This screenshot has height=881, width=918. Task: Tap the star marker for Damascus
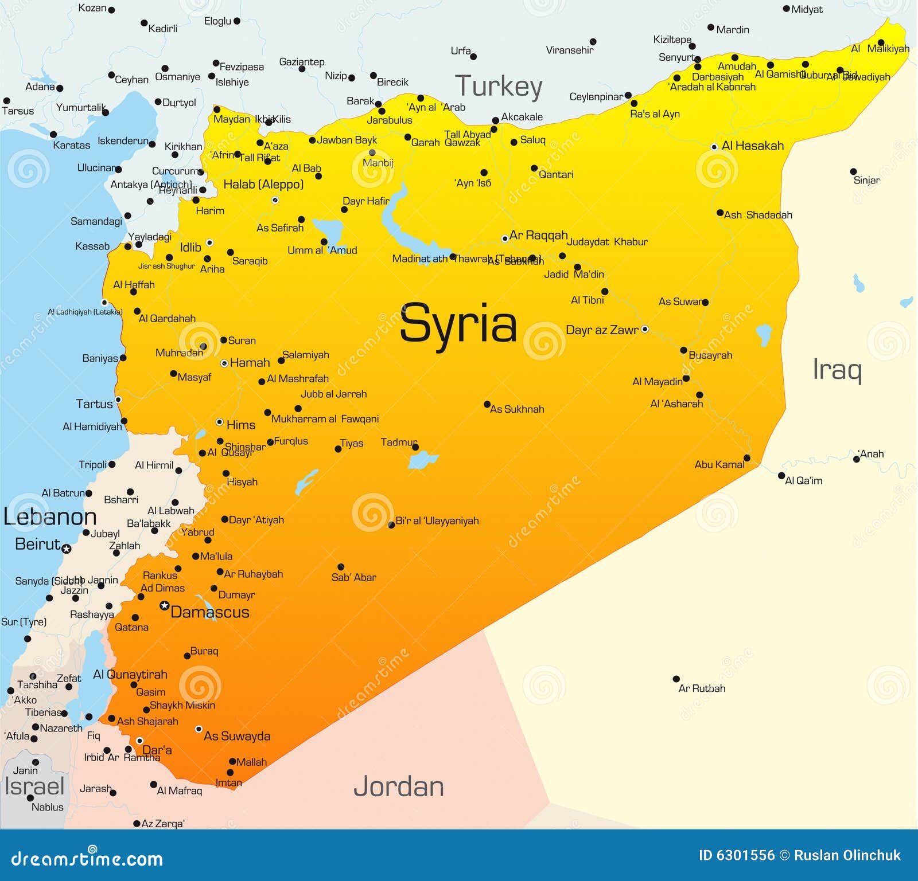(164, 605)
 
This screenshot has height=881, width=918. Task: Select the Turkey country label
(498, 87)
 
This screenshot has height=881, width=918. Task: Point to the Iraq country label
(837, 370)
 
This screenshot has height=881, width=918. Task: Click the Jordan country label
(399, 786)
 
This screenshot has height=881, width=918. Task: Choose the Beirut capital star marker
(67, 549)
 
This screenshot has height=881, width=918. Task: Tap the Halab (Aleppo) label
(263, 185)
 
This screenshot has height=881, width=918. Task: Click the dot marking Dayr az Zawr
(645, 329)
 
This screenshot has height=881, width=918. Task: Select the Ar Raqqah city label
(538, 235)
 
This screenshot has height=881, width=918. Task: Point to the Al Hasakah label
(752, 146)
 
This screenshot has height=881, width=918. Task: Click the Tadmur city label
(398, 442)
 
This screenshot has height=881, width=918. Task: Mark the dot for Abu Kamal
(747, 457)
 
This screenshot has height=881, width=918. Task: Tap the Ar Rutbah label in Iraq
(702, 688)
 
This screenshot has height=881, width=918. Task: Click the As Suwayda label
(237, 736)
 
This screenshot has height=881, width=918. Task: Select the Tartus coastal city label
(94, 404)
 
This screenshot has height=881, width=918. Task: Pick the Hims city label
(240, 425)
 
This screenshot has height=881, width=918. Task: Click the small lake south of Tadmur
(422, 459)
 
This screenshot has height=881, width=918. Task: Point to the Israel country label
(34, 786)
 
